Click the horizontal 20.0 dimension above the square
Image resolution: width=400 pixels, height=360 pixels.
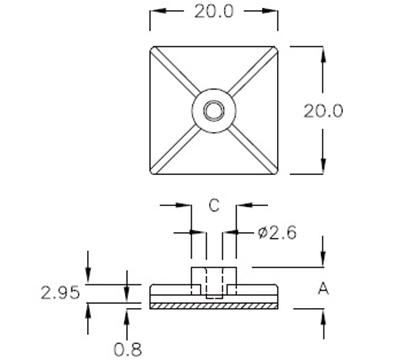tap(212, 13)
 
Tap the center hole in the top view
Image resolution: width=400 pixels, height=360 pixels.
tap(212, 110)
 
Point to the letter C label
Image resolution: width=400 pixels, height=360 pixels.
tap(212, 206)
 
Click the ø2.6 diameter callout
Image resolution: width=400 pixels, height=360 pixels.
tap(274, 233)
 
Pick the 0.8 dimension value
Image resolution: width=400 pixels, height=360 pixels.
tap(127, 349)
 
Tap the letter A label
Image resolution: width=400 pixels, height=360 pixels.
tap(322, 290)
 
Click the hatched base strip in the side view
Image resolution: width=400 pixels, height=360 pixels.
tap(212, 302)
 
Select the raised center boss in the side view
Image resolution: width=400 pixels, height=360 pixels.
tap(212, 277)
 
